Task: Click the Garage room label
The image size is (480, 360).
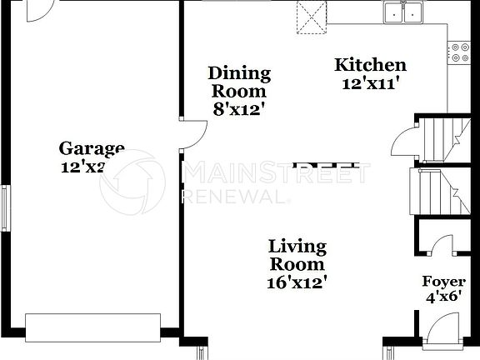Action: point(92,149)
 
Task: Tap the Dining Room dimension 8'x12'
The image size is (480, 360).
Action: point(238,108)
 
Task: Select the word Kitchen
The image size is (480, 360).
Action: point(370,65)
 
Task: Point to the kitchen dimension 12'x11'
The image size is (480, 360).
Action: point(372,82)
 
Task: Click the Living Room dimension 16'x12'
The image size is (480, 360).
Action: point(297,282)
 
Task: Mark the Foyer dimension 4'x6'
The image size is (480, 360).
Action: point(442,297)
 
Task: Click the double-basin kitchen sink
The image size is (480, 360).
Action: point(403,12)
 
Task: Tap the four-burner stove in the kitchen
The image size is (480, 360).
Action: point(460,53)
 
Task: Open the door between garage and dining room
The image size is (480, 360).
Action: point(193,135)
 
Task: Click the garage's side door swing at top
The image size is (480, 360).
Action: point(37,11)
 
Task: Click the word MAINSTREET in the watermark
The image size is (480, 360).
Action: point(275,173)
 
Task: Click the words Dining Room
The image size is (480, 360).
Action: point(238,82)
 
